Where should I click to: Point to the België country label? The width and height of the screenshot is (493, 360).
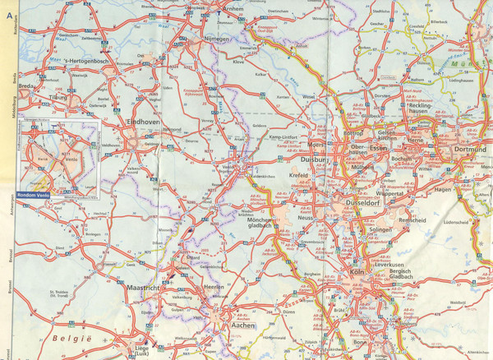(x=69, y=338)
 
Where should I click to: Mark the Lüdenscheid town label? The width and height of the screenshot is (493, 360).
(x=458, y=223)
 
